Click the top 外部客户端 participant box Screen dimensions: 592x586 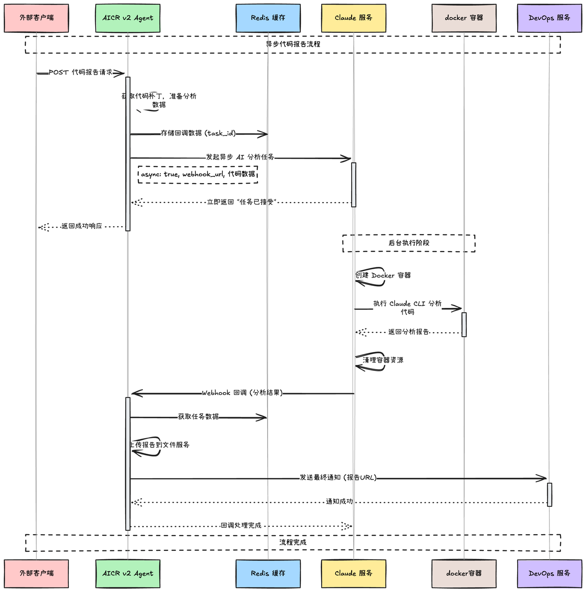click(x=37, y=18)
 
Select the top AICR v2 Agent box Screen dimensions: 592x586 click(x=128, y=18)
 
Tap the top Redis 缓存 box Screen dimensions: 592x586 click(x=268, y=18)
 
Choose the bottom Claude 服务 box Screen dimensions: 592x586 click(x=354, y=573)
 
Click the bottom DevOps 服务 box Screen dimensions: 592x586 click(x=549, y=573)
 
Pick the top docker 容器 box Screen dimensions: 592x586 click(x=464, y=18)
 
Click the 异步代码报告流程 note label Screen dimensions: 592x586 click(x=293, y=44)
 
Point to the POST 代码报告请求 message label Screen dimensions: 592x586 click(x=80, y=73)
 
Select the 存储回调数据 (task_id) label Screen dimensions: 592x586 click(x=198, y=133)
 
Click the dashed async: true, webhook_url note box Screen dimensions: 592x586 click(x=198, y=174)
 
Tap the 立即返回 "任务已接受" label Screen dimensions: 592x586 click(x=241, y=202)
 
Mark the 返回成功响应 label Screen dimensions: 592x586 click(x=81, y=226)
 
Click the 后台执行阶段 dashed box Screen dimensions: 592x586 click(x=409, y=243)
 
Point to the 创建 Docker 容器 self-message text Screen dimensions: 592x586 click(x=383, y=276)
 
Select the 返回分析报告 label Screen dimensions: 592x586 click(x=409, y=332)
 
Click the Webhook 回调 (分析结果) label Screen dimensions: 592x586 click(x=242, y=393)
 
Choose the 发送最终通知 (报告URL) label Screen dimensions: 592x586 click(x=338, y=478)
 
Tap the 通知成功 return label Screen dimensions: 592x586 click(x=339, y=502)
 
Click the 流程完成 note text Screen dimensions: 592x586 click(x=293, y=543)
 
